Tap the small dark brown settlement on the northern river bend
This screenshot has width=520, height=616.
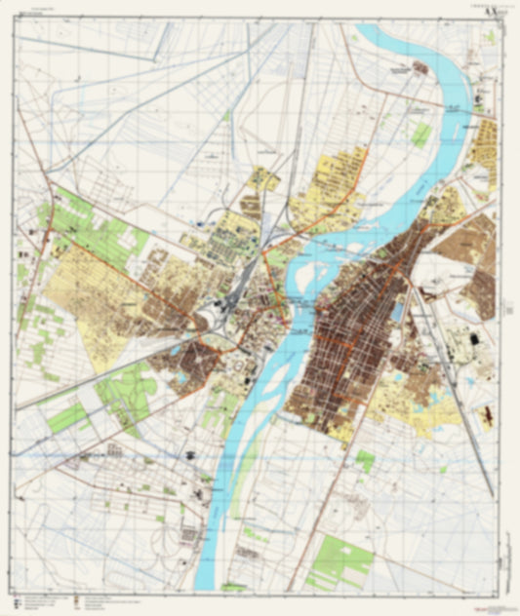click(420, 68)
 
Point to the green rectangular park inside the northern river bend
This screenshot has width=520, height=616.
click(420, 135)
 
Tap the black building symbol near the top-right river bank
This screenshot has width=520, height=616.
click(477, 98)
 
